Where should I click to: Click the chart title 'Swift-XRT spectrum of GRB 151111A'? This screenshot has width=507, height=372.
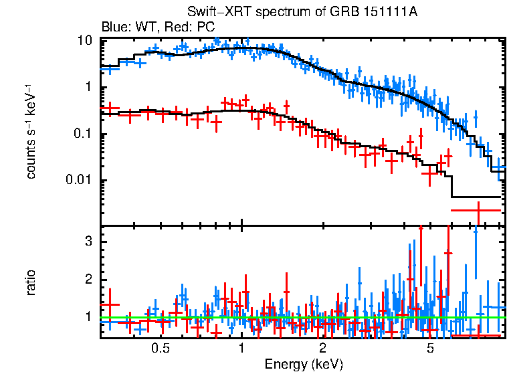303,13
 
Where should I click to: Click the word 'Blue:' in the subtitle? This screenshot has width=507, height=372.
114,27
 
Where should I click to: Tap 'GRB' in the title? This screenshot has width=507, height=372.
361,13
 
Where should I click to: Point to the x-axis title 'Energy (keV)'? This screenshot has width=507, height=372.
303,364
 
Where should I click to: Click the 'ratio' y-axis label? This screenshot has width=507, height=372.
31,282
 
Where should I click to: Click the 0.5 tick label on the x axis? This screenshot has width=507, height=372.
160,348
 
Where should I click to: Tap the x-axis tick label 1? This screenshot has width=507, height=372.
241,348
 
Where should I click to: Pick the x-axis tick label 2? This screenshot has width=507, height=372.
322,348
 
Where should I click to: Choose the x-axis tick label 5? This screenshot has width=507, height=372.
430,348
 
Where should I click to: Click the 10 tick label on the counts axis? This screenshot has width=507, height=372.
84,41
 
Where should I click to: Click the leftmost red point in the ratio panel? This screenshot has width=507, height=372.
109,304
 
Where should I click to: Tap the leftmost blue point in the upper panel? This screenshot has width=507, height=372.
109,68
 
